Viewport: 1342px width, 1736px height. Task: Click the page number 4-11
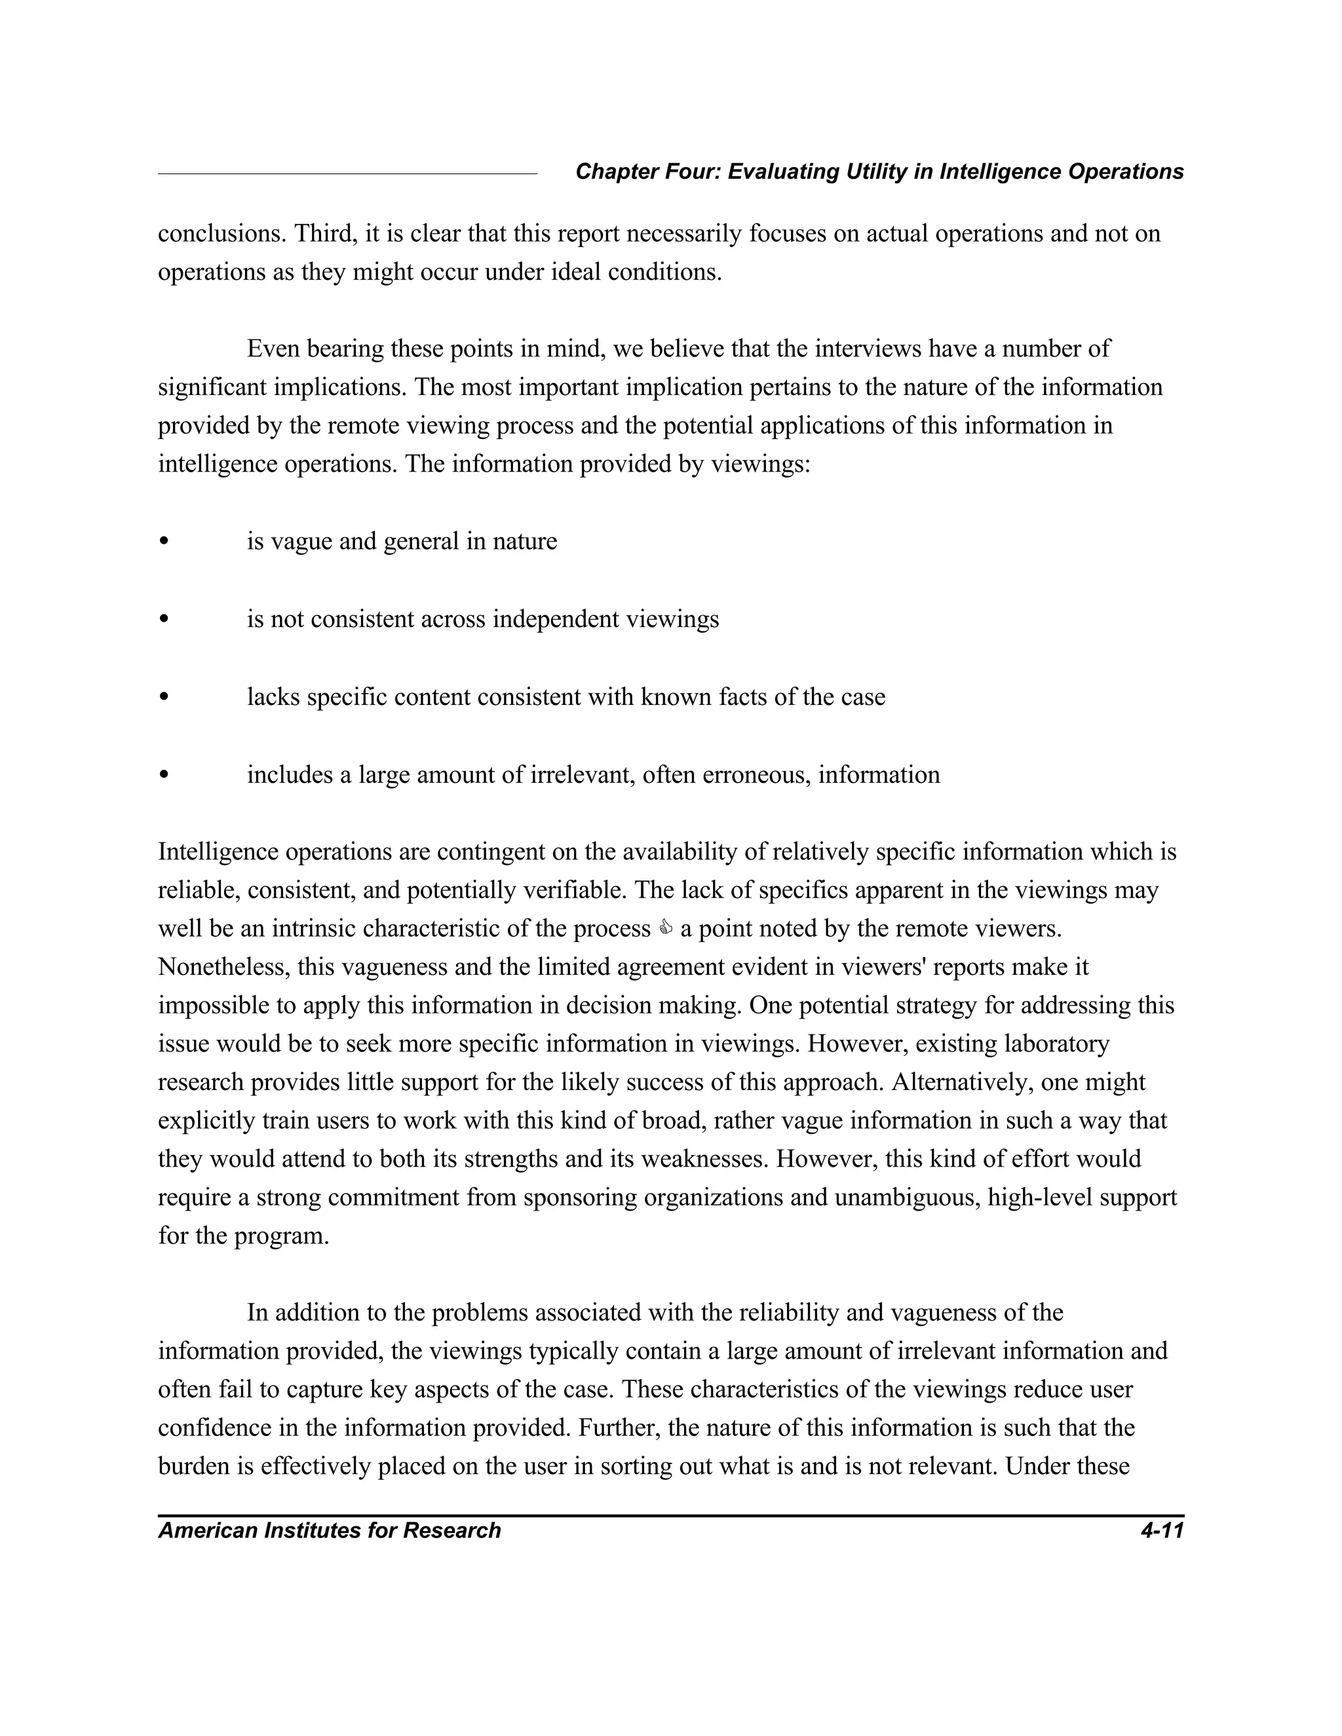click(x=1162, y=1531)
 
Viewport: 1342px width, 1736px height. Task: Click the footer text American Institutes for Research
click(x=329, y=1531)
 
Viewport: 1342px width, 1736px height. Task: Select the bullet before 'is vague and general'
click(x=164, y=541)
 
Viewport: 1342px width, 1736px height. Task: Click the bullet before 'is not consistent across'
click(x=164, y=619)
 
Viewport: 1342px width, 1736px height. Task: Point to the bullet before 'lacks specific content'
click(x=164, y=697)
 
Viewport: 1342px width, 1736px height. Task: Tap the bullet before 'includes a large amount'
click(x=164, y=775)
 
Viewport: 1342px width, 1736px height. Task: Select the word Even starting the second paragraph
click(x=273, y=349)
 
